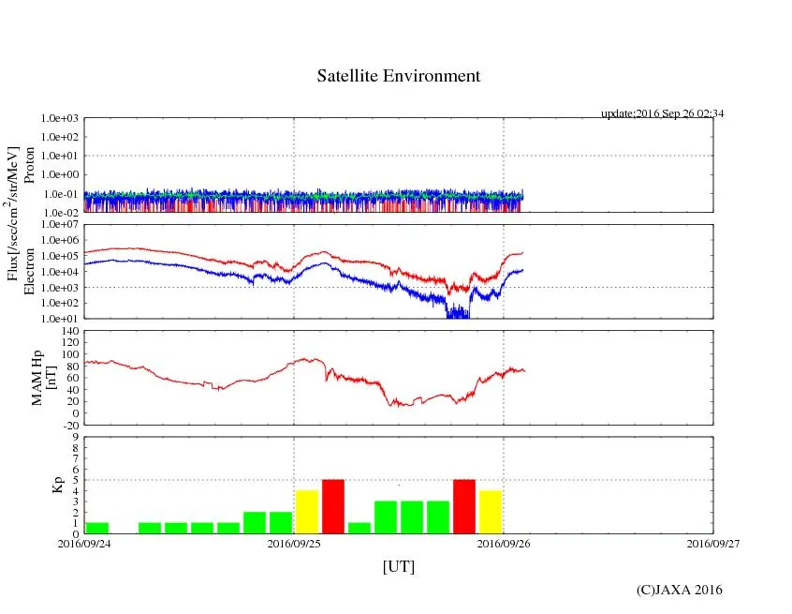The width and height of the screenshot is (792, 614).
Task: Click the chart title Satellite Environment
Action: pyautogui.click(x=398, y=76)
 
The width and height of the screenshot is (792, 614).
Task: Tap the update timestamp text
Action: pyautogui.click(x=662, y=113)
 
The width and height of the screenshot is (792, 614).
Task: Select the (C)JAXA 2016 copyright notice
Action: pyautogui.click(x=679, y=590)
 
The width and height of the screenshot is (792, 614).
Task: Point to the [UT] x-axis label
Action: pyautogui.click(x=398, y=566)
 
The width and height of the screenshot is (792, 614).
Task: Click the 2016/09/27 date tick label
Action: pyautogui.click(x=713, y=542)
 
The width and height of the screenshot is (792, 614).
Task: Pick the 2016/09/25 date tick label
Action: pyautogui.click(x=294, y=542)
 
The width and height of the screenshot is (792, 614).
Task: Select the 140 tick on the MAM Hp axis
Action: pyautogui.click(x=69, y=332)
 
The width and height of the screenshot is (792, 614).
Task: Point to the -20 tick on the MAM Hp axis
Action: pyautogui.click(x=70, y=425)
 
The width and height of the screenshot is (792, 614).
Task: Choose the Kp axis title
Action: pyautogui.click(x=53, y=485)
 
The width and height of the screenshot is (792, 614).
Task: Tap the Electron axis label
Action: pyautogui.click(x=28, y=271)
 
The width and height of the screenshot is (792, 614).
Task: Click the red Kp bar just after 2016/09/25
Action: pyautogui.click(x=333, y=506)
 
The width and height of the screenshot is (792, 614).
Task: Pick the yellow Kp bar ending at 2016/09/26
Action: pyautogui.click(x=491, y=512)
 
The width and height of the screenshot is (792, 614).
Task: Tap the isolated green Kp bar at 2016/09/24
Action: pyautogui.click(x=97, y=528)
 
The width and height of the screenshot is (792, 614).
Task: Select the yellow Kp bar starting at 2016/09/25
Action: pyautogui.click(x=307, y=512)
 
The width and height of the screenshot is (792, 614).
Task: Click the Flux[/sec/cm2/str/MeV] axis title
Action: pyautogui.click(x=12, y=214)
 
